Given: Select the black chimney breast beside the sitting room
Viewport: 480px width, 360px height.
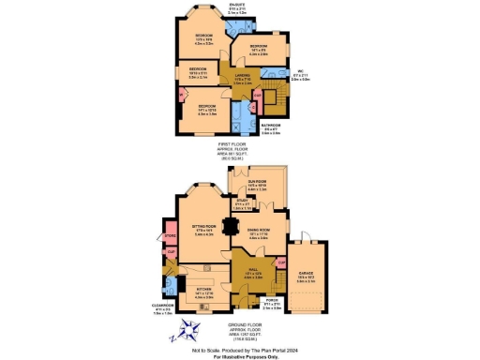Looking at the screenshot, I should coord(231,225).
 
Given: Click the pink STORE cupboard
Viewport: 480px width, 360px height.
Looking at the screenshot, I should coord(170,236).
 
